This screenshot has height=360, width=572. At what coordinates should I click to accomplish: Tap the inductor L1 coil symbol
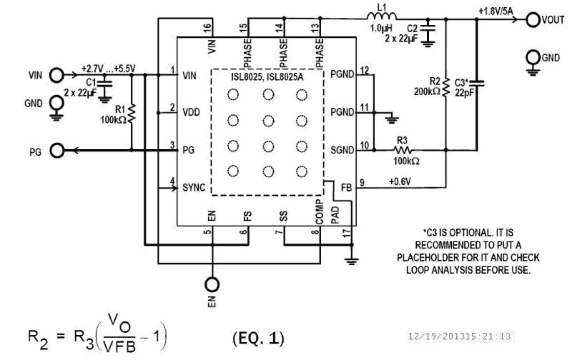coord(381,18)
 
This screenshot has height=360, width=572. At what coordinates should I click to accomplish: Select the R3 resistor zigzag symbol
coord(403,149)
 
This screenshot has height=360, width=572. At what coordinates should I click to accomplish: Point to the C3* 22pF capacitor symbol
coord(477,83)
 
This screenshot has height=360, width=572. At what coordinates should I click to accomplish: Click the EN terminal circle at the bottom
coord(213,284)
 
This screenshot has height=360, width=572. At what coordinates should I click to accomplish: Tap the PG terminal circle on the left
coord(56,150)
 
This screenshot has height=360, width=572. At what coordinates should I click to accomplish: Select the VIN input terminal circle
coord(56,76)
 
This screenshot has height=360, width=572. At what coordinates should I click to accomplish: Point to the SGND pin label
coord(343,150)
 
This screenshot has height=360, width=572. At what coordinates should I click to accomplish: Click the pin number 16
coord(208,28)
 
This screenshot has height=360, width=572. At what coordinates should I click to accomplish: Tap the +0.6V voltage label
coord(400,182)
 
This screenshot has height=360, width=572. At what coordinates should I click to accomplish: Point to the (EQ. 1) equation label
coord(258,338)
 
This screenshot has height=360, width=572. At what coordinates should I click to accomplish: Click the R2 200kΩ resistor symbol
coord(446,86)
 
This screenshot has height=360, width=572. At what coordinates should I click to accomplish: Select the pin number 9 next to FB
coord(363,183)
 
